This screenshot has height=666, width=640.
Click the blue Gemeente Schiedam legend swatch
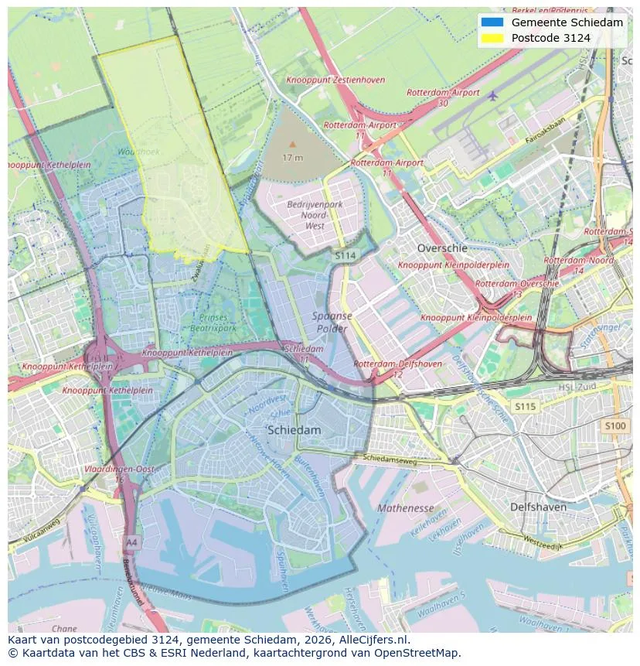[492, 22]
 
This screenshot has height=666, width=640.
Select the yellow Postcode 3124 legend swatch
[492, 38]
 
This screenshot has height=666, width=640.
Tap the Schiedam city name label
[294, 430]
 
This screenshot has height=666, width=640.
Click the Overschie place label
[442, 248]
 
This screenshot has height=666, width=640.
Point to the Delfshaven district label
[538, 507]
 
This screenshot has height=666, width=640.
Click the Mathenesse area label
[406, 508]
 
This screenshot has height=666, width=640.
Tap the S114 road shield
[345, 254]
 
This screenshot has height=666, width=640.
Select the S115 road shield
[525, 407]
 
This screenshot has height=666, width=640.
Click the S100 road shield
[615, 425]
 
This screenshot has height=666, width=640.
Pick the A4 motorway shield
[132, 541]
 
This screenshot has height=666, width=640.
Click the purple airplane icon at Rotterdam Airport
[493, 96]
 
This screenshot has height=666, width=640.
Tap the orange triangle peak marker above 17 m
[292, 144]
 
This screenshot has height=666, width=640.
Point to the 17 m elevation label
[292, 158]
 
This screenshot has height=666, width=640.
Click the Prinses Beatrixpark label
[213, 323]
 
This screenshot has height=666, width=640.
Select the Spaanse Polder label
[332, 322]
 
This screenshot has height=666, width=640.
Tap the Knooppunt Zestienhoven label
[335, 80]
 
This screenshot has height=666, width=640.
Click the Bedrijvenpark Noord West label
[315, 215]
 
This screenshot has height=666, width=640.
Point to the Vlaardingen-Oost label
[119, 470]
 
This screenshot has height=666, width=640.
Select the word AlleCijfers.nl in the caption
[374, 640]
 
